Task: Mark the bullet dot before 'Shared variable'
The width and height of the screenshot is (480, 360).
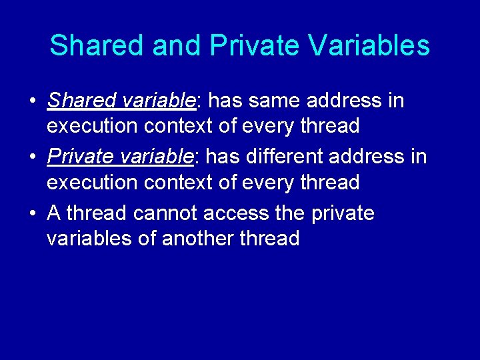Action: click(x=32, y=102)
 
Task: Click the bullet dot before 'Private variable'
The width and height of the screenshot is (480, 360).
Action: click(x=32, y=158)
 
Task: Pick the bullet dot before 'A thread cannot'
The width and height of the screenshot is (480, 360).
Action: click(x=32, y=214)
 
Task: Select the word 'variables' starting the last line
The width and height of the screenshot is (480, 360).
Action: click(x=88, y=238)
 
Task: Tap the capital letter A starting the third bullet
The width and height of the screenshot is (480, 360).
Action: click(x=54, y=213)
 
